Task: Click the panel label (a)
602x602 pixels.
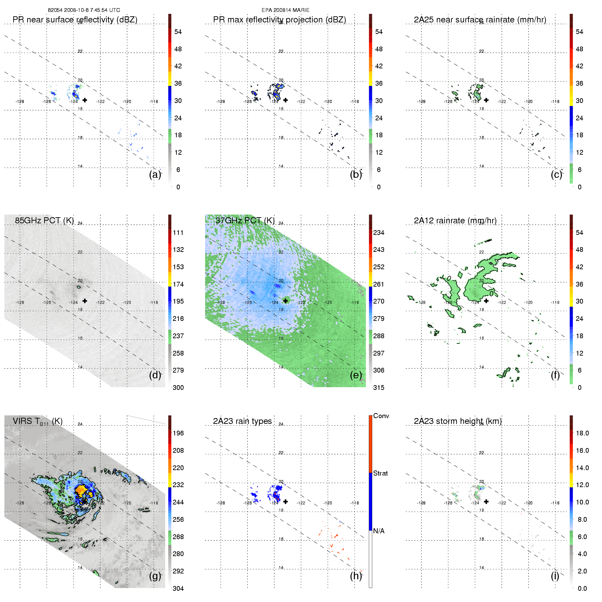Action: pyautogui.click(x=155, y=175)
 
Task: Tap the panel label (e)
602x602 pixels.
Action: pyautogui.click(x=356, y=375)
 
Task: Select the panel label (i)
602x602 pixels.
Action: pyautogui.click(x=555, y=576)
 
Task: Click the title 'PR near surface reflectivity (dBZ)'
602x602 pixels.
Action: pyautogui.click(x=75, y=20)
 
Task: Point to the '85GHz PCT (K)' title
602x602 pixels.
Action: pyautogui.click(x=44, y=221)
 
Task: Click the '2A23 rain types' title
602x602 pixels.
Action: pyautogui.click(x=242, y=421)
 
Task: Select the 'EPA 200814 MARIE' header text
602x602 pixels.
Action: pyautogui.click(x=286, y=10)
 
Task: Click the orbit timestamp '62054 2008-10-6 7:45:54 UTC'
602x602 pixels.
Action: pyautogui.click(x=84, y=10)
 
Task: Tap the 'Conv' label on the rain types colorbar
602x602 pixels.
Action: pyautogui.click(x=381, y=416)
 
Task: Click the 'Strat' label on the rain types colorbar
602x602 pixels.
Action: pyautogui.click(x=380, y=473)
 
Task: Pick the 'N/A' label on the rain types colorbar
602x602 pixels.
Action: pyautogui.click(x=379, y=531)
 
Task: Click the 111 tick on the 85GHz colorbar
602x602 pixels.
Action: pyautogui.click(x=178, y=233)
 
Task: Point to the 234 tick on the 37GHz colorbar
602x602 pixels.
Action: pyautogui.click(x=379, y=233)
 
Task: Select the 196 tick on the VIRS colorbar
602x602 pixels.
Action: pyautogui.click(x=178, y=433)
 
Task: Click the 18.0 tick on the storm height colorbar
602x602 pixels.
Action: pyautogui.click(x=582, y=433)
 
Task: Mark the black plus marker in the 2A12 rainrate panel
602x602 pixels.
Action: pyautogui.click(x=486, y=301)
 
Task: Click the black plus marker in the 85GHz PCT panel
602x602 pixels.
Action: pyautogui.click(x=85, y=301)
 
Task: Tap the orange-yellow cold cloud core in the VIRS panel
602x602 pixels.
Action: pyautogui.click(x=81, y=490)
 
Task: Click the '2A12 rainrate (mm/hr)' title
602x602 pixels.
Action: pyautogui.click(x=455, y=221)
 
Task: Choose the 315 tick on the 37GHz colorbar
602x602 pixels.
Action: pyautogui.click(x=379, y=388)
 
